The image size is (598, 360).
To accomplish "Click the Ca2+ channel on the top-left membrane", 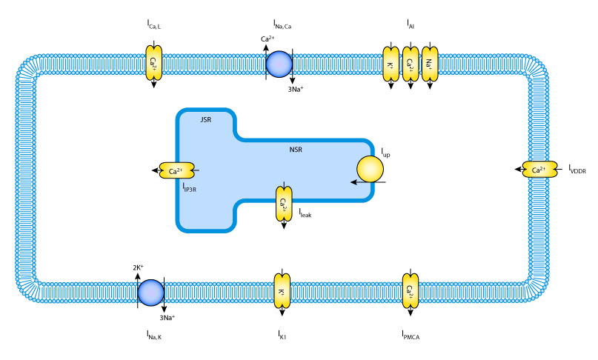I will [x=153, y=63].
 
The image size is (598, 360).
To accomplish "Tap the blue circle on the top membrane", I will [x=279, y=64].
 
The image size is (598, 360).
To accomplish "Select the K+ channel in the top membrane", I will [x=391, y=64].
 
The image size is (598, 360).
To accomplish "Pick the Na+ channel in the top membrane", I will [x=430, y=64].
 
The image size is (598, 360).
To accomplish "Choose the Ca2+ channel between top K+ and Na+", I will [x=411, y=64].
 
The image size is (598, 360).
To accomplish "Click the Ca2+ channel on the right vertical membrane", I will [x=539, y=170].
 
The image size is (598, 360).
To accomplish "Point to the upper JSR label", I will [x=205, y=119].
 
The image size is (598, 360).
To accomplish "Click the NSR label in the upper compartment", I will [x=296, y=150].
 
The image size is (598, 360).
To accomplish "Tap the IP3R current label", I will [x=190, y=190].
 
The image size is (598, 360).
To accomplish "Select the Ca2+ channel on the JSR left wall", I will [x=177, y=170].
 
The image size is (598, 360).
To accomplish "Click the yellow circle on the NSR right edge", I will [x=370, y=169].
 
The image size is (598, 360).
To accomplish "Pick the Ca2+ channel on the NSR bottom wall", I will [x=284, y=203].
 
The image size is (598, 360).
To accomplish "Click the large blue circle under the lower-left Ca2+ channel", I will [x=151, y=293].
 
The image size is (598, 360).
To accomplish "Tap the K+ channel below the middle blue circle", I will [x=282, y=291].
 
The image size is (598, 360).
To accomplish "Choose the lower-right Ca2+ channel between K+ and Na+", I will [x=411, y=290].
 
